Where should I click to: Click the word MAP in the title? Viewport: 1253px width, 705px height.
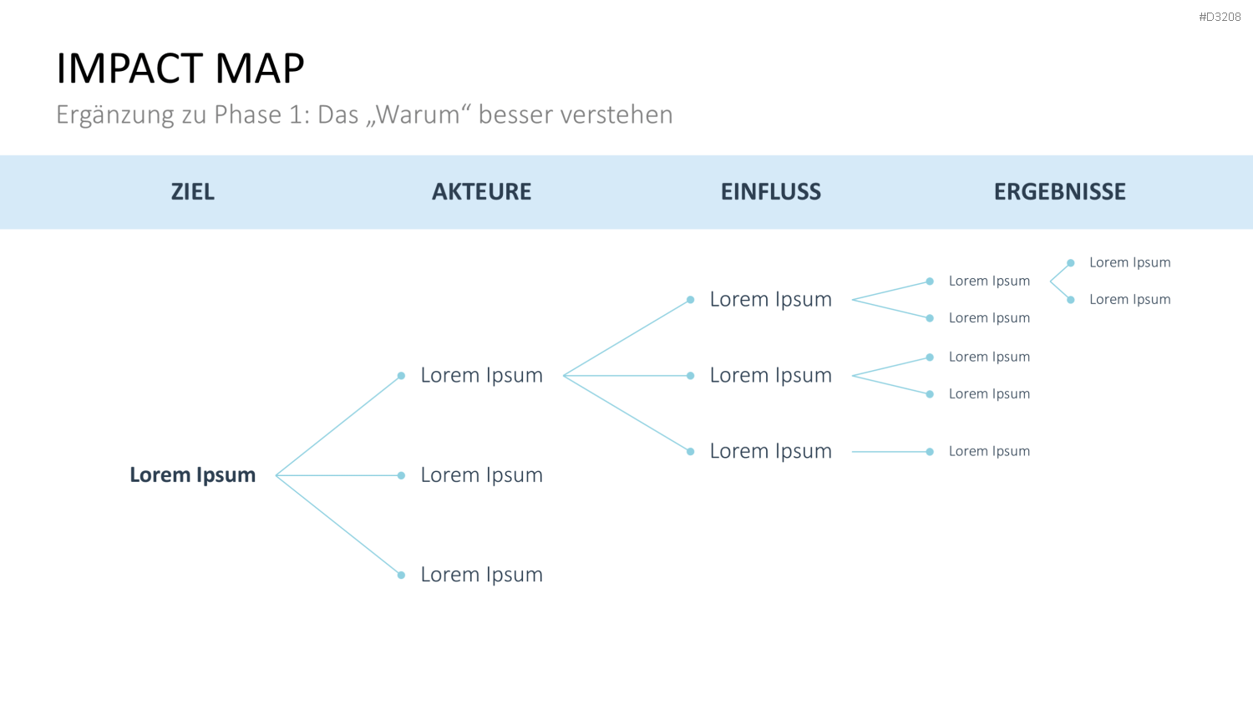tap(260, 68)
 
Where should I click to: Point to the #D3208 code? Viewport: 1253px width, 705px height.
tap(1220, 17)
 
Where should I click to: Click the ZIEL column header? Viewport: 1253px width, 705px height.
tap(192, 192)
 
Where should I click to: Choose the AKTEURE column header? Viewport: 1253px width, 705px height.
tap(482, 192)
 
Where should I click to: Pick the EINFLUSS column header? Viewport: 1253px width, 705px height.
tap(771, 192)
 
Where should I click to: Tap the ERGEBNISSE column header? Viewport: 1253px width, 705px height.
tap(1060, 192)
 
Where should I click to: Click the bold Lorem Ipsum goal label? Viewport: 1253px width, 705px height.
tap(192, 475)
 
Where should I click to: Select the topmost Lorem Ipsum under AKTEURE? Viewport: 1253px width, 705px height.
tap(482, 375)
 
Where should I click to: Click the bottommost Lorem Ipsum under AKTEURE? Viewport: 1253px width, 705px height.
tap(482, 575)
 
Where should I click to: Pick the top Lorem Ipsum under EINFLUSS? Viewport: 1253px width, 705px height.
tap(771, 299)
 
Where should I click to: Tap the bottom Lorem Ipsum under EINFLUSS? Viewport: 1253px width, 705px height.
tap(771, 451)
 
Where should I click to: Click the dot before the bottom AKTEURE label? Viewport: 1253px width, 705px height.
tap(401, 576)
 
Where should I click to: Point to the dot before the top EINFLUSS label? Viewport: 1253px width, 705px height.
tap(690, 300)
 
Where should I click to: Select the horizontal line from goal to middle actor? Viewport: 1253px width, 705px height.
tap(337, 475)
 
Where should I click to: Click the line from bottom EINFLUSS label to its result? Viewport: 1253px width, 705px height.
tap(890, 452)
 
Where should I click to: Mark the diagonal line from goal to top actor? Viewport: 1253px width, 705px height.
tap(337, 426)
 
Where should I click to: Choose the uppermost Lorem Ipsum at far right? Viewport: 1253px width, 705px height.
tap(1130, 262)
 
